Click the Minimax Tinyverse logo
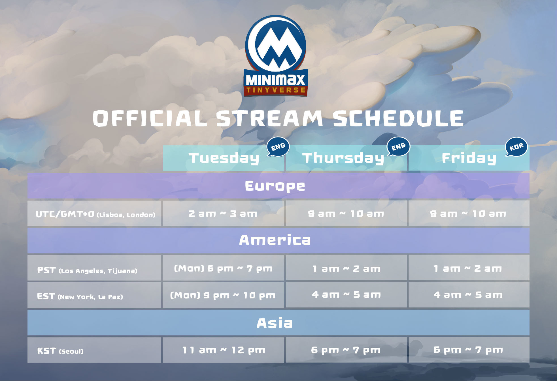275,56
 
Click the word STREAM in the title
269,118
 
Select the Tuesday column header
224,158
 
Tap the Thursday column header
346,158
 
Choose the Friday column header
469,158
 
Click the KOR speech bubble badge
516,147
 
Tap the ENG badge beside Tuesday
278,147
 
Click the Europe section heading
275,186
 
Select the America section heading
275,240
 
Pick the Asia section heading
275,323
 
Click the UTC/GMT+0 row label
95,214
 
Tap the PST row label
87,270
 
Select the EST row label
80,296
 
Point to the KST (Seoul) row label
60,351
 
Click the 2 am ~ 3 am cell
223,214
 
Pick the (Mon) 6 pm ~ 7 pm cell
223,268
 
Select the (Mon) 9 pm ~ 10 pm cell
223,295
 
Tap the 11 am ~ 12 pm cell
223,350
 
